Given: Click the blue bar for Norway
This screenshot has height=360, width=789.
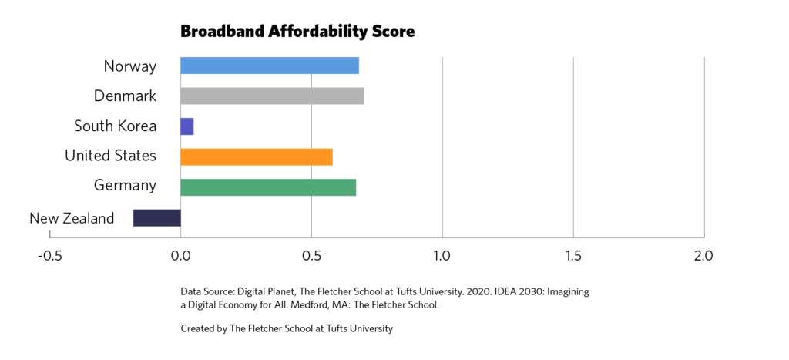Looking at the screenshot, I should [270, 66].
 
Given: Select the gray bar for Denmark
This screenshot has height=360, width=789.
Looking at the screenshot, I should [272, 96].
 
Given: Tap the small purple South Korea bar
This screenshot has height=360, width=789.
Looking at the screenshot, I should [187, 126].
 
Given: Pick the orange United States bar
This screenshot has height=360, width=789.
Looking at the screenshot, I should [257, 156].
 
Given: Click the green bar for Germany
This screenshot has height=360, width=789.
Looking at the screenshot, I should [268, 187].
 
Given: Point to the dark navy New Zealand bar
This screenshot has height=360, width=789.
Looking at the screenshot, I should [157, 218].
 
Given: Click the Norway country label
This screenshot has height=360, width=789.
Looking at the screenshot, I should [130, 66].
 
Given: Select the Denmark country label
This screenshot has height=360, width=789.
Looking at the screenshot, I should [125, 96].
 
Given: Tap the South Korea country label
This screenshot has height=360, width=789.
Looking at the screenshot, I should [115, 126].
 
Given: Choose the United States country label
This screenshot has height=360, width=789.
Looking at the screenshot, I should [110, 156].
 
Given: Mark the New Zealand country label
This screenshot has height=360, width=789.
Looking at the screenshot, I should [72, 219].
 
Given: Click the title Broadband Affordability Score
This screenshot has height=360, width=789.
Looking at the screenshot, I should [297, 32].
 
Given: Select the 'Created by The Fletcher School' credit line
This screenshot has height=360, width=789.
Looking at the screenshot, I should [287, 329].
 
